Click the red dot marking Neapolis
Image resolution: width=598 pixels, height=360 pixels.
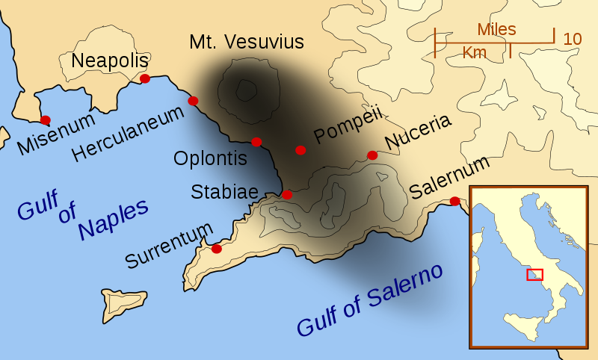coord(145,78)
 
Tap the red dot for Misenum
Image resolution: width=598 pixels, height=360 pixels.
coord(46,120)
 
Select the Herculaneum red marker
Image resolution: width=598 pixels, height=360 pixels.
coord(193,101)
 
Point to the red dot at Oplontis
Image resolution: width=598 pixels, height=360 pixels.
coord(256,142)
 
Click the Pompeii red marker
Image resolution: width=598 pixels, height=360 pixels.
coord(300,150)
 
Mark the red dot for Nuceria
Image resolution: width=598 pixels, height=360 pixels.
coord(372,155)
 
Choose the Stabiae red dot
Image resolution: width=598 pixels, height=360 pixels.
coord(287,195)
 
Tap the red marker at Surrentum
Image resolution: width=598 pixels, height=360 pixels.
coord(217,249)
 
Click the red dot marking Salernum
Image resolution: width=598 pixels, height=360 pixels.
coord(454,201)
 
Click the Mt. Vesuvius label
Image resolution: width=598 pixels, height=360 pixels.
coord(247,42)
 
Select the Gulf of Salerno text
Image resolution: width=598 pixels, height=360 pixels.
coord(369,300)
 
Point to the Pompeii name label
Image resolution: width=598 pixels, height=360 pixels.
coord(348,123)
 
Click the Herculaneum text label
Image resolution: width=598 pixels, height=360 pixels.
coord(128,134)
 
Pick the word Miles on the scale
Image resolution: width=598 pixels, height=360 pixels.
coord(496,29)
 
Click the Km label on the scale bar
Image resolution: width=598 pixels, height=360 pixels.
coord(474,52)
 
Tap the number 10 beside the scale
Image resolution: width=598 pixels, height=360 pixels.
coord(572,39)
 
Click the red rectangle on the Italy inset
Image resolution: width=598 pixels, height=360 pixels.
coord(534,274)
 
